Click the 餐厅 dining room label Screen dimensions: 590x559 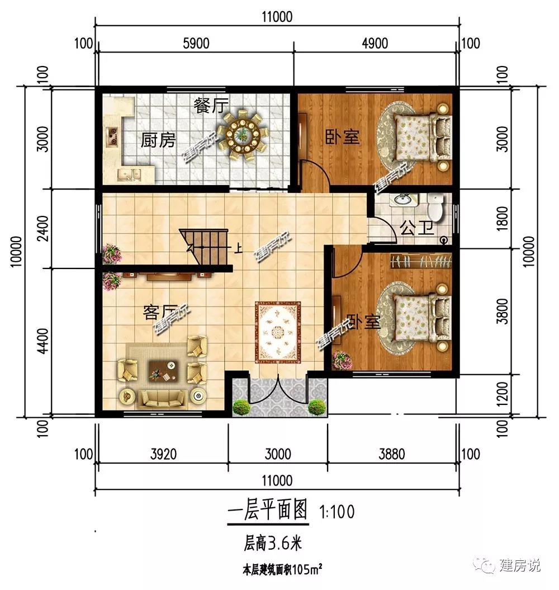pos(210,105)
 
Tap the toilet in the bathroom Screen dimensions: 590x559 pos(435,207)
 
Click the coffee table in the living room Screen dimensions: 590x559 pos(162,370)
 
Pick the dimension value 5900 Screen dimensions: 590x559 pos(196,44)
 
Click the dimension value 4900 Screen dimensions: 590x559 pos(375,44)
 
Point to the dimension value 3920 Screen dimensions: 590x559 pos(163,454)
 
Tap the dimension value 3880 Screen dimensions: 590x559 pos(391,454)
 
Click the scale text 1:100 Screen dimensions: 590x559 pos(337,512)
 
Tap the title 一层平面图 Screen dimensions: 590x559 pos(268,511)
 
